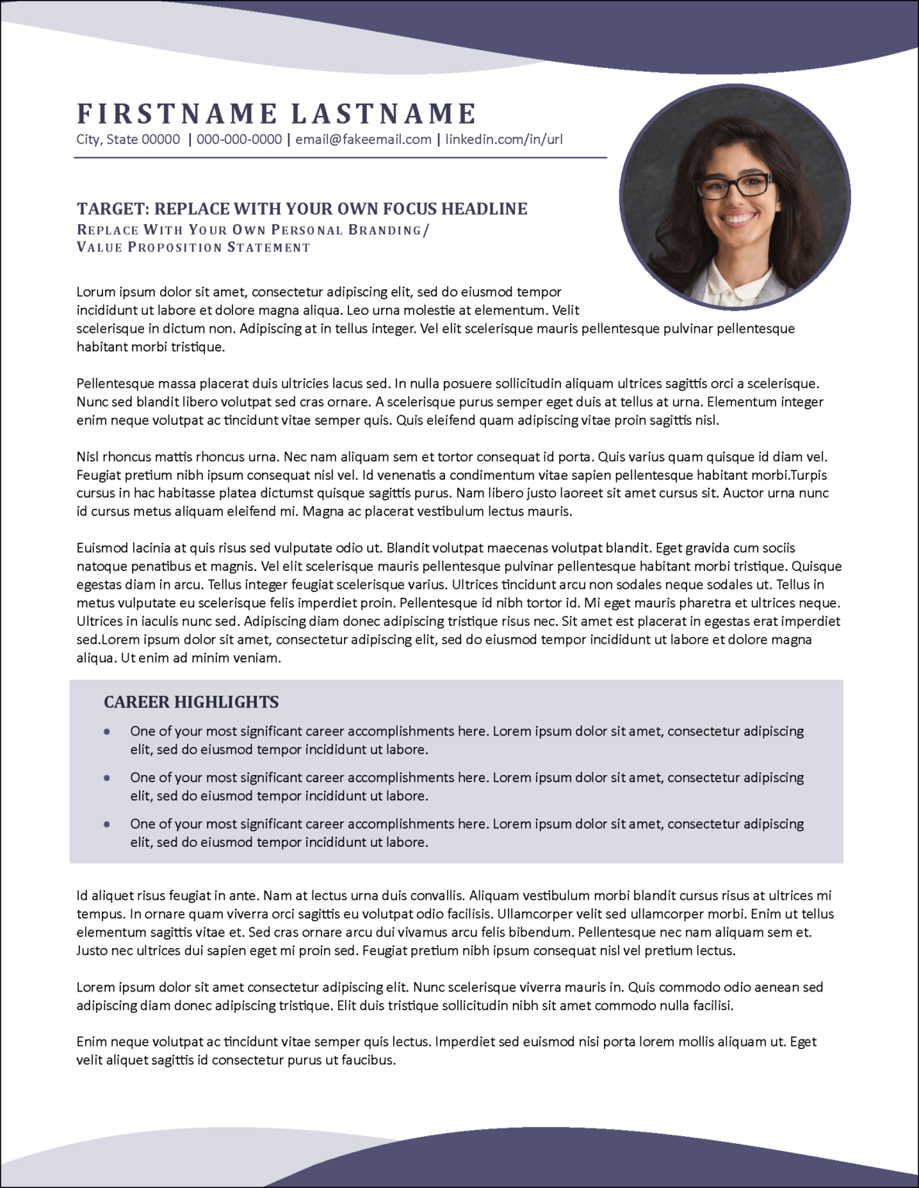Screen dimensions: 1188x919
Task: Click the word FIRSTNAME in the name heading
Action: point(176,114)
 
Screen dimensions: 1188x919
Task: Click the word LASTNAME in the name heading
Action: point(383,114)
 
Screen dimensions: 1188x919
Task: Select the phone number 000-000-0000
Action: point(239,140)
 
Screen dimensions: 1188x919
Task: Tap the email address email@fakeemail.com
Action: point(364,140)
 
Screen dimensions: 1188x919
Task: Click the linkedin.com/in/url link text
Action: point(504,140)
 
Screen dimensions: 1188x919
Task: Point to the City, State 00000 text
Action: point(128,140)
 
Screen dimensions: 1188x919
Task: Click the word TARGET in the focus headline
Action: point(112,209)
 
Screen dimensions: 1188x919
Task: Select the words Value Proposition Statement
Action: point(193,247)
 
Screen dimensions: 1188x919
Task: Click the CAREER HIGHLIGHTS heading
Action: point(191,702)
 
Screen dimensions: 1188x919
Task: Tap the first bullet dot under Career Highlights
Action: point(106,731)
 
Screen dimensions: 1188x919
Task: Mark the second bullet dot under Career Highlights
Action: point(106,777)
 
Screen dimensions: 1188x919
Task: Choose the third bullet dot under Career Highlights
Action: point(106,824)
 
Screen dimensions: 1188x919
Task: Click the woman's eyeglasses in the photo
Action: point(733,186)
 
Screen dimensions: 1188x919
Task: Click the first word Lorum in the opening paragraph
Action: point(96,292)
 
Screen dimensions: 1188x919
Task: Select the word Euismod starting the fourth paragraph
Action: point(103,548)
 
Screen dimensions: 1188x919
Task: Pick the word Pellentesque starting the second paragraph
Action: point(115,384)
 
